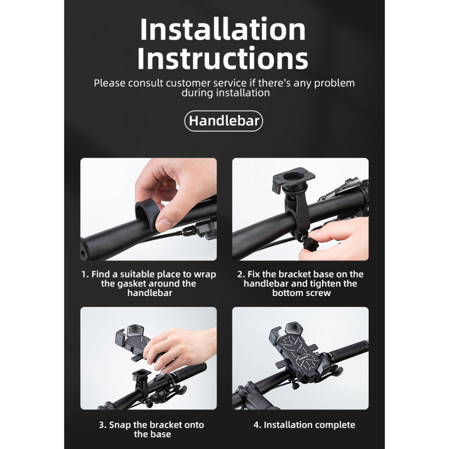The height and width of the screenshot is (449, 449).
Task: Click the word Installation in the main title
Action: point(223,29)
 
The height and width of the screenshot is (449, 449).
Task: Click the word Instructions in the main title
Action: point(223,58)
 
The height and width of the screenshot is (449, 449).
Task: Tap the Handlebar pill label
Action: point(224,121)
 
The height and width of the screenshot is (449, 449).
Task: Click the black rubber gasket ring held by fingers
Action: point(148,214)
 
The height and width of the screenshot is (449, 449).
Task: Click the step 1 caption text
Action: point(149,284)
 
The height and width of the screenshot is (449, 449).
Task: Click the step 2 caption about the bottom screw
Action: point(300,284)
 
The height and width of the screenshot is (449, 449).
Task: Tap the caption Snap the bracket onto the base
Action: point(151,429)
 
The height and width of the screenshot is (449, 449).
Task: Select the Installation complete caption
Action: point(304,424)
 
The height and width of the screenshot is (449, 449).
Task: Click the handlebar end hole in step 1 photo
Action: point(83,253)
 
